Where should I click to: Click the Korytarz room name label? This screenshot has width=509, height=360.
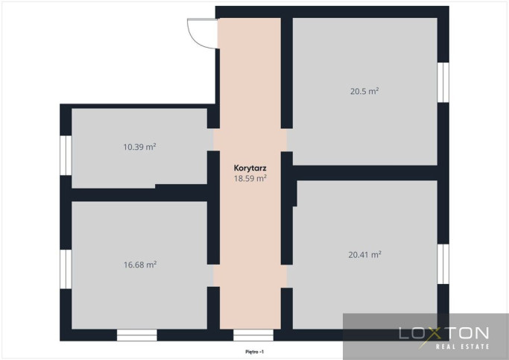250,168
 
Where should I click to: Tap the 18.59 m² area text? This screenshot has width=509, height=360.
250,178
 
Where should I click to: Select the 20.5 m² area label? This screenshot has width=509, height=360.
364,91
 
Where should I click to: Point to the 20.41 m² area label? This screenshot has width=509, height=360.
364,255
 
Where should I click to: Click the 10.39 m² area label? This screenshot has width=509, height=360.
139,147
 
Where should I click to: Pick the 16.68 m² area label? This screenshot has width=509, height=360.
140,265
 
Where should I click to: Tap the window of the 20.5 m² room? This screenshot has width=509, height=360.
443,83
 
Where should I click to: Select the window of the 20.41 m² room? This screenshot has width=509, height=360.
443,264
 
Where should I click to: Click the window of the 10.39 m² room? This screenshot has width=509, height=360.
66,155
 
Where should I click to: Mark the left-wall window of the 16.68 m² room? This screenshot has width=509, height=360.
66,269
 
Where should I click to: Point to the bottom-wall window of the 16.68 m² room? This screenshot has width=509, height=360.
137,335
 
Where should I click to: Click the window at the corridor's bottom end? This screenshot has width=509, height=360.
253,335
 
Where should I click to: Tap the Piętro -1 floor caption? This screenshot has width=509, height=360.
255,352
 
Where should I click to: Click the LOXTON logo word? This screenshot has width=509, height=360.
443,334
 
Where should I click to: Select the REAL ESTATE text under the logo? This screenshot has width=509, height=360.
462,347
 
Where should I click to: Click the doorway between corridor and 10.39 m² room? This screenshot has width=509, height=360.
213,139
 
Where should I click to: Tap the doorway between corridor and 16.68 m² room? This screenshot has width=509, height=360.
213,276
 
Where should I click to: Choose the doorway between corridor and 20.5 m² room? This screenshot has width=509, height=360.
287,140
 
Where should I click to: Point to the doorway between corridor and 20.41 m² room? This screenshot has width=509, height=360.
287,277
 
